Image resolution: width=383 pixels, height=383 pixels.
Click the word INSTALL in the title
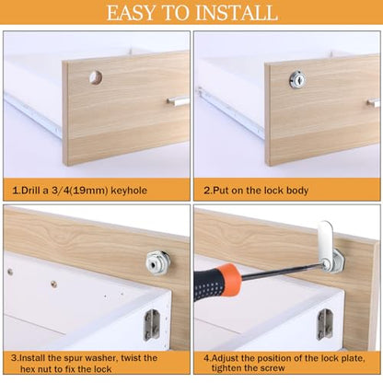[237, 13]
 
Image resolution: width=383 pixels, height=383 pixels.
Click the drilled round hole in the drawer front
[96, 77]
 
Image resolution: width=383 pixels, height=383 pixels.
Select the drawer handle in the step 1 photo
[178, 100]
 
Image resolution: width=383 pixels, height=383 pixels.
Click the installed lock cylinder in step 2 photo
[296, 80]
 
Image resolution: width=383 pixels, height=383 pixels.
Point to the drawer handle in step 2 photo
[374, 103]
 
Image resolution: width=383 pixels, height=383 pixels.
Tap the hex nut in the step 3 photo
[157, 263]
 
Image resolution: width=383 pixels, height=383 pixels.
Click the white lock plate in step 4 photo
[325, 239]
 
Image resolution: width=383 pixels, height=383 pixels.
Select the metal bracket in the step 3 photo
[151, 324]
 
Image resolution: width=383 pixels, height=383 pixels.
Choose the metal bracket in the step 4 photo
[325, 324]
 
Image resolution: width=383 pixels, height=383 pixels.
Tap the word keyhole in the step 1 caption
[129, 191]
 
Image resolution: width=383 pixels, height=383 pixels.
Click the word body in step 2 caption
[297, 191]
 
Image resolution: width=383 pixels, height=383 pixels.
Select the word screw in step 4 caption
[273, 368]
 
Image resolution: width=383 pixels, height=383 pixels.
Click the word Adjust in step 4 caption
[226, 358]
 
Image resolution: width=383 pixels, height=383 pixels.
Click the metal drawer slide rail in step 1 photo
[33, 115]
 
